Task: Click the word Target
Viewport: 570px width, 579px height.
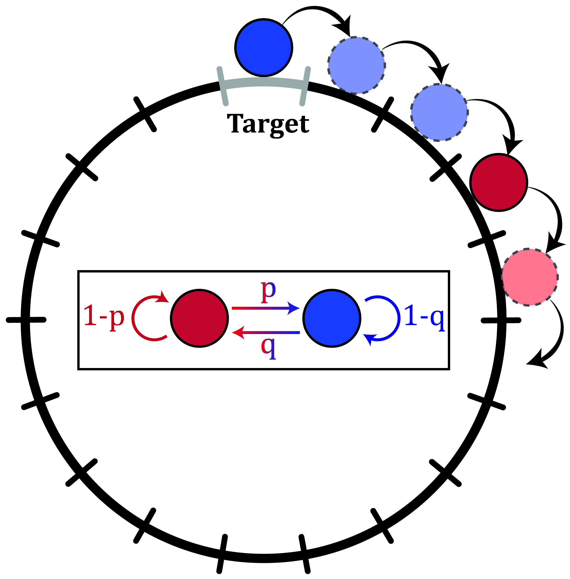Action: pos(268,124)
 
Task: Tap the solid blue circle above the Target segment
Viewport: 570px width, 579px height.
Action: pos(264,48)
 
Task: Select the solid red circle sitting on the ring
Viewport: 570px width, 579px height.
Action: pos(498,182)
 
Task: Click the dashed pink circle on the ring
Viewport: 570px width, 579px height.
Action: pos(530,277)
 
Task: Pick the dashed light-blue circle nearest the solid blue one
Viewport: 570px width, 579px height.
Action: pos(357,65)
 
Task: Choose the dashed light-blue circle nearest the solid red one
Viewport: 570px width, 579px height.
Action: pos(439,112)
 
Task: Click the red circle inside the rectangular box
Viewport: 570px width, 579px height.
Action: pos(199,318)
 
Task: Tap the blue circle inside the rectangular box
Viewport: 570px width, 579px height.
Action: pos(332,318)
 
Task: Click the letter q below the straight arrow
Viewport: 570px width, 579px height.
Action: pos(268,347)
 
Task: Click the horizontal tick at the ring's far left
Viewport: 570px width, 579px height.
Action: pos(26,320)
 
